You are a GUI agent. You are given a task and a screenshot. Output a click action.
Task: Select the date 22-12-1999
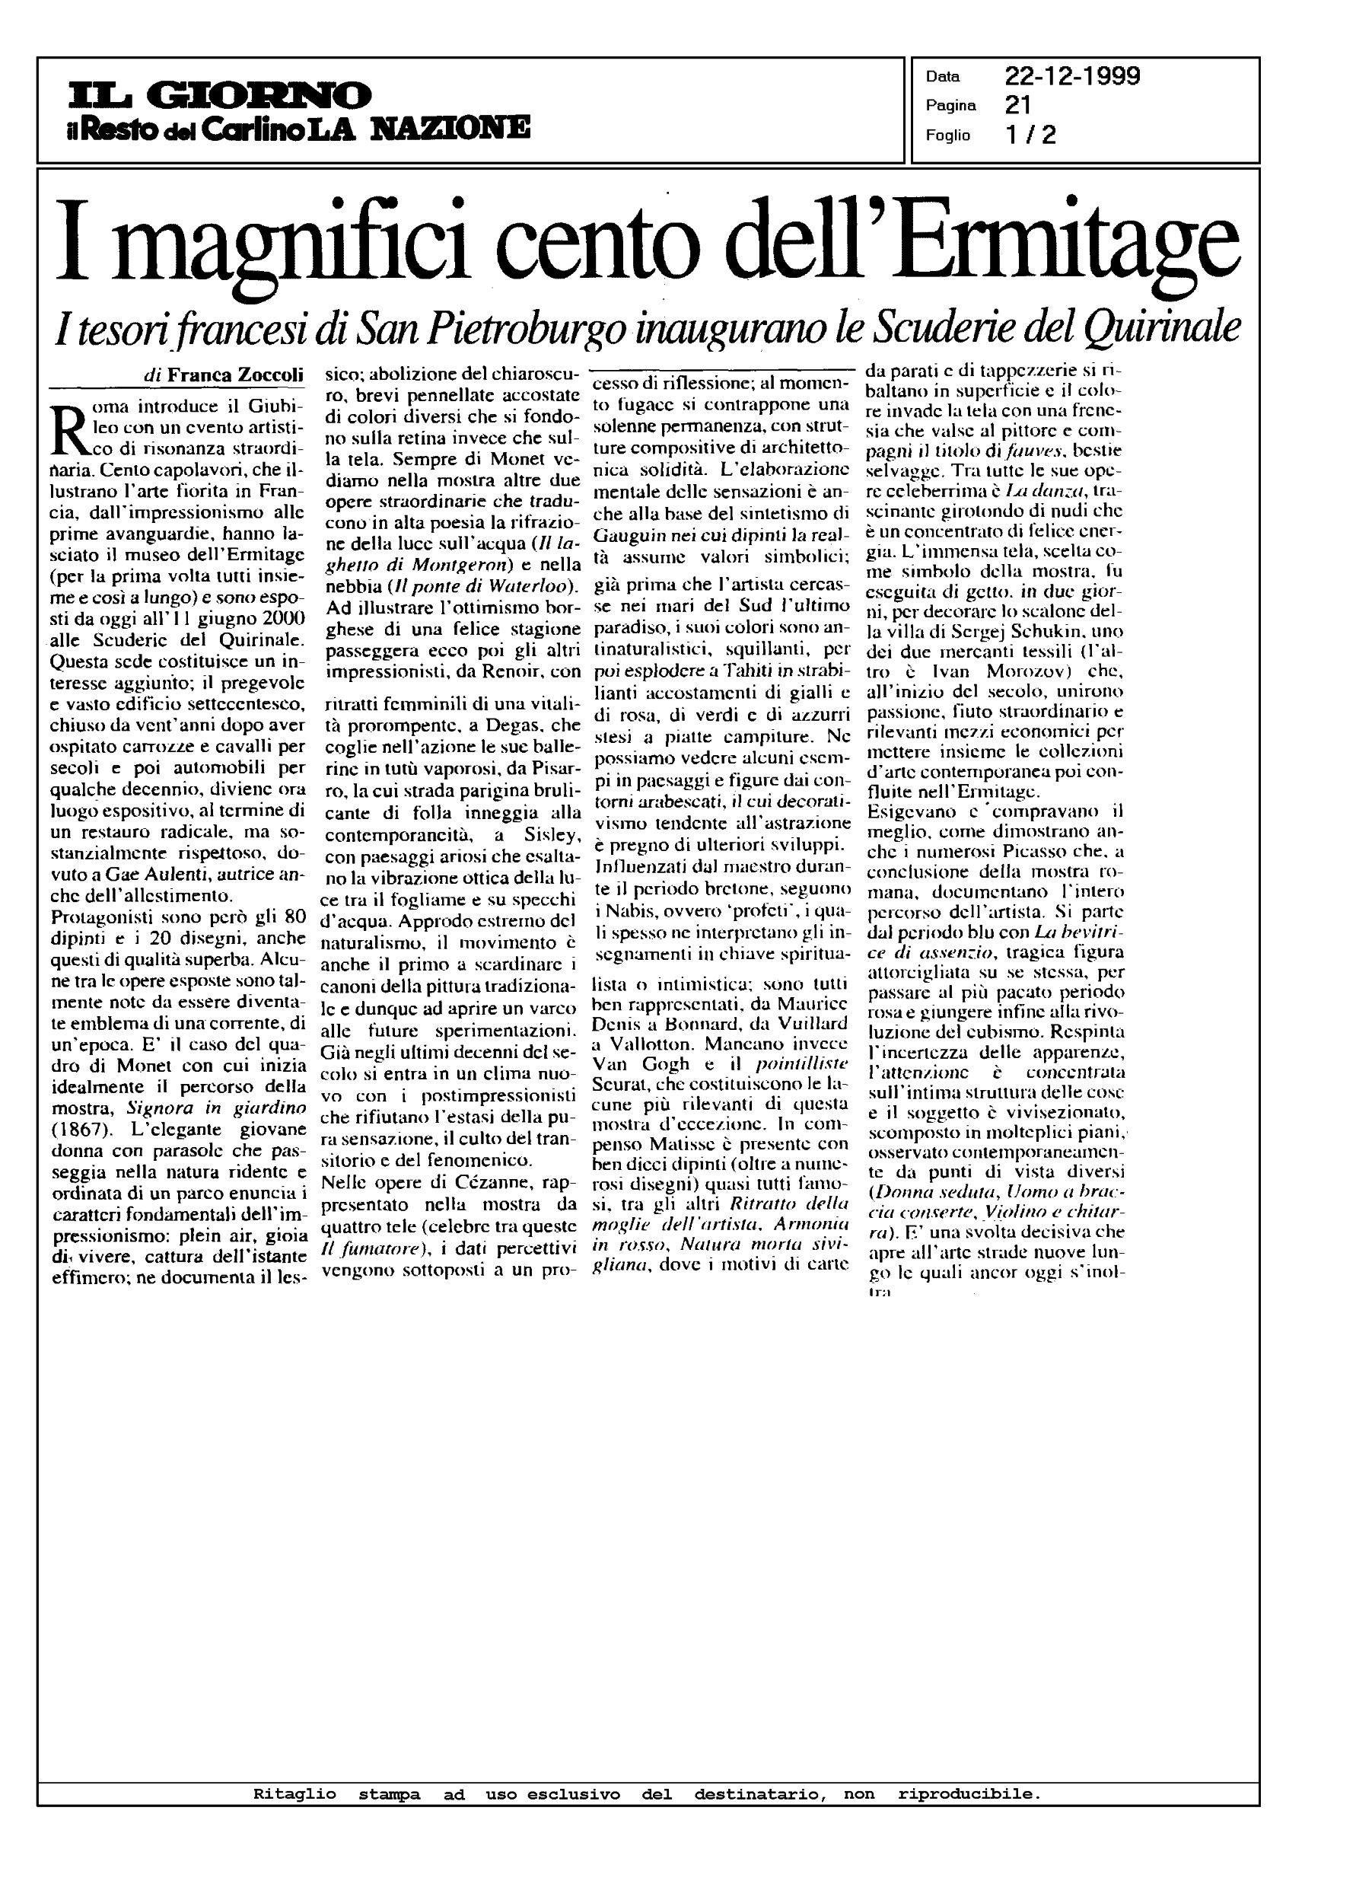(x=1072, y=77)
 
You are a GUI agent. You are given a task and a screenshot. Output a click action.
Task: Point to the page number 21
(x=1018, y=105)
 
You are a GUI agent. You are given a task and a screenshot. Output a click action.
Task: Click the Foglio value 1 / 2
(x=1030, y=135)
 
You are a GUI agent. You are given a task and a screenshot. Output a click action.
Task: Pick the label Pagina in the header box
(x=950, y=106)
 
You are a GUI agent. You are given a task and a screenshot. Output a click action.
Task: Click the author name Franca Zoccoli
(x=235, y=375)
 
